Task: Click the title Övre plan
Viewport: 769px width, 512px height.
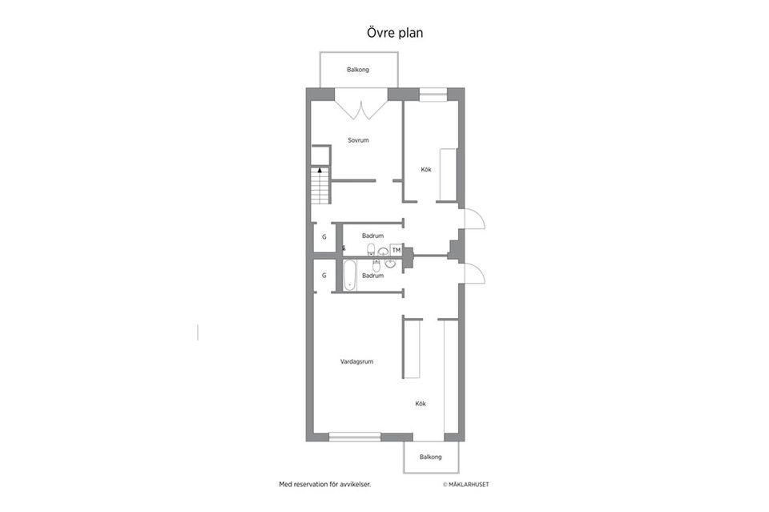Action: [x=395, y=32]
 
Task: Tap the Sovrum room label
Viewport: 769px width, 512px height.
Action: [x=358, y=140]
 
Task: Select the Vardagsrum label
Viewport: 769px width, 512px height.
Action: [x=356, y=361]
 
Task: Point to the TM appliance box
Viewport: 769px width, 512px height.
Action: [x=397, y=250]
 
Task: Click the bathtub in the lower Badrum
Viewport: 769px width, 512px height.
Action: [x=349, y=275]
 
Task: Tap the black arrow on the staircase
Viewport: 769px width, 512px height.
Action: [x=320, y=171]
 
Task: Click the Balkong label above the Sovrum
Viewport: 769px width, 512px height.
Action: [x=358, y=70]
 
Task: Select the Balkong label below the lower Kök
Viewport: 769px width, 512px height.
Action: [x=431, y=457]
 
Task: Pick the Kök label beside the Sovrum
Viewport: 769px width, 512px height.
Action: [x=426, y=170]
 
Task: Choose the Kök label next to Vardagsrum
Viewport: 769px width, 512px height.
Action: [x=421, y=404]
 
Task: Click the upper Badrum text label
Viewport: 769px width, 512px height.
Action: [x=372, y=236]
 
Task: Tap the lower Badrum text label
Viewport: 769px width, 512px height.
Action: [x=372, y=276]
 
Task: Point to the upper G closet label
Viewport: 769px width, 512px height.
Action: [x=324, y=237]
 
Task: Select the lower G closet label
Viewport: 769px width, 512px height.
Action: [x=324, y=276]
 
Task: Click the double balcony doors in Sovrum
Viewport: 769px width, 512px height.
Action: [x=361, y=109]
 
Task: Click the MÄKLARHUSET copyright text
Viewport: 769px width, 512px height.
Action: [x=466, y=485]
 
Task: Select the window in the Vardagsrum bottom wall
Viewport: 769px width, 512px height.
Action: [x=355, y=437]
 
